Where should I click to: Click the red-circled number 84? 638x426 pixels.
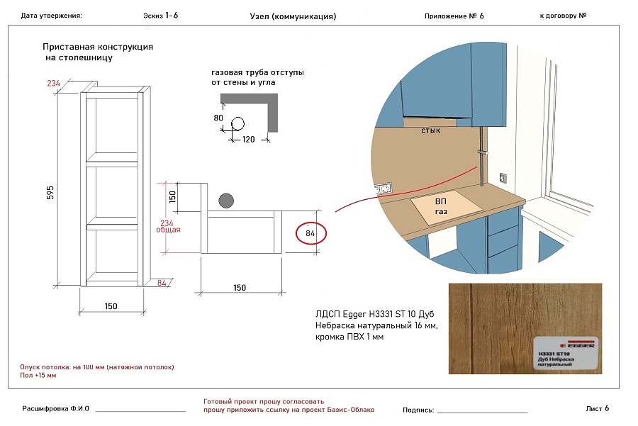tap(310, 233)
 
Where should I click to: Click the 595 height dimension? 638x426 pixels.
tap(50, 193)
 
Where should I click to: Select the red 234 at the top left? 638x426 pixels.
tap(54, 84)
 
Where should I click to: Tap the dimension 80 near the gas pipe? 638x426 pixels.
tap(218, 118)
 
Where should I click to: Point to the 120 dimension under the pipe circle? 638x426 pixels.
tap(249, 140)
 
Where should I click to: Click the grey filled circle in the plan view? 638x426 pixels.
tap(227, 200)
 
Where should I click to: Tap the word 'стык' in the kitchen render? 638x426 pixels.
tap(431, 131)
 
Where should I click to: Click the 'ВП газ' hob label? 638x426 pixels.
tap(441, 207)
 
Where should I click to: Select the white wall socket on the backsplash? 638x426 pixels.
tap(383, 189)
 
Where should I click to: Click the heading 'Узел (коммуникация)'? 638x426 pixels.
tap(293, 16)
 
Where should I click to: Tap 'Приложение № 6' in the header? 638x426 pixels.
tap(454, 16)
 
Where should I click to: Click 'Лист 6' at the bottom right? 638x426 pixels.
tap(598, 408)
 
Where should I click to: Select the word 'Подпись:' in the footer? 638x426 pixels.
tap(418, 410)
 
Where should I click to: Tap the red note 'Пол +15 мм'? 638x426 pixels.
tap(38, 375)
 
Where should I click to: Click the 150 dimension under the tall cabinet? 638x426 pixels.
tap(111, 306)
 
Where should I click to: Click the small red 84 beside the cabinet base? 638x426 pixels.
tap(162, 283)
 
